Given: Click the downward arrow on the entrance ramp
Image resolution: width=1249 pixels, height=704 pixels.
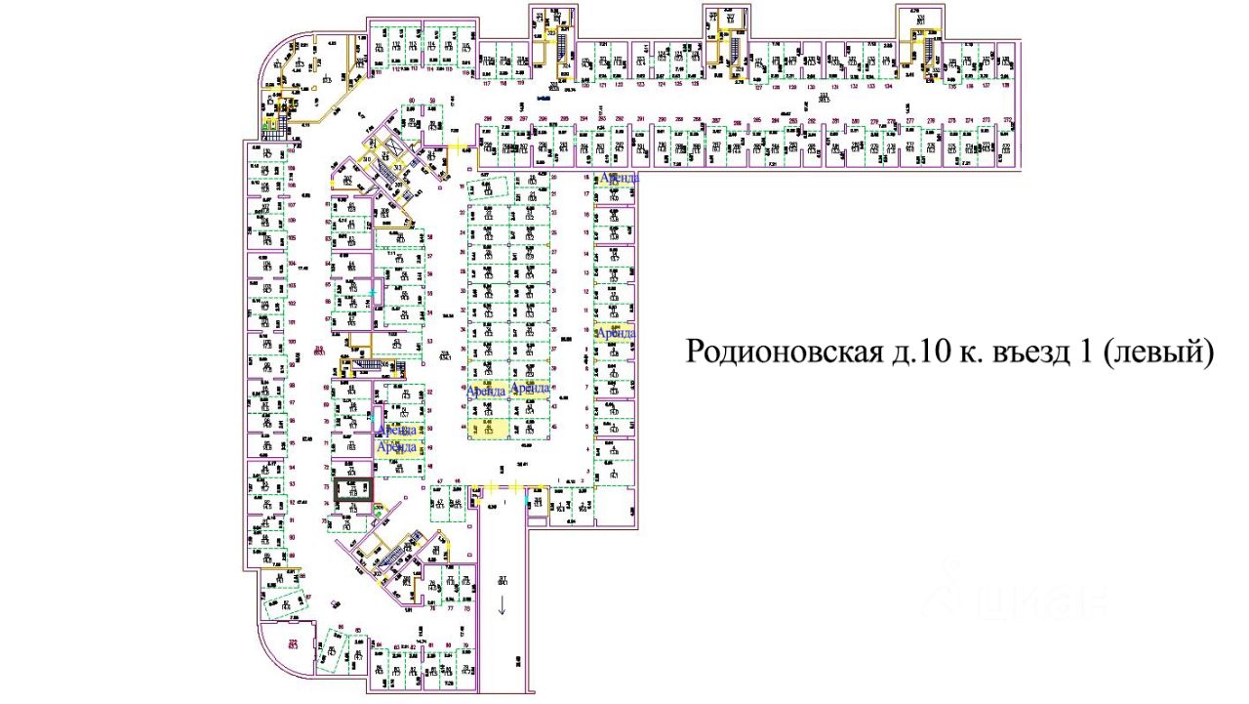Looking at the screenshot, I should click(503, 605).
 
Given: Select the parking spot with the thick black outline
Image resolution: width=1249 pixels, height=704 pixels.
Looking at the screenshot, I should click(353, 490).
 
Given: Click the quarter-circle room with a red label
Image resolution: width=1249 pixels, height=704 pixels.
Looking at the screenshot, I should click(289, 649).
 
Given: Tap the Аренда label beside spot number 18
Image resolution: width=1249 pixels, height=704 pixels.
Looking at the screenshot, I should click(621, 178).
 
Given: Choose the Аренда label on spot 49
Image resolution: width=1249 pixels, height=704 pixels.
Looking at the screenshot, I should click(400, 447).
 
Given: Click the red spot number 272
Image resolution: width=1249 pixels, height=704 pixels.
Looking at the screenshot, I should click(1008, 120).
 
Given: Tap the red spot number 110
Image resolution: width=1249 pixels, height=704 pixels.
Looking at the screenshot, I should click(291, 151).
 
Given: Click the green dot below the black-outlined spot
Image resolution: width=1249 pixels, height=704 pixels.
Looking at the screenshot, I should click(377, 509).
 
